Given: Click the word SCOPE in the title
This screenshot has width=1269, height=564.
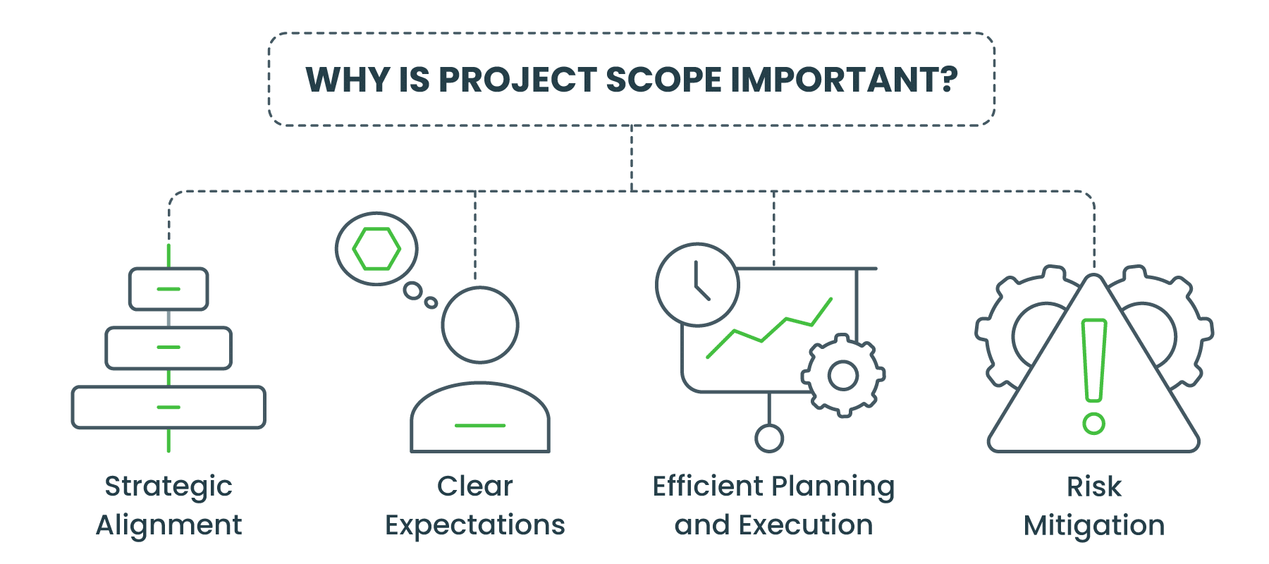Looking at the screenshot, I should [x=663, y=80].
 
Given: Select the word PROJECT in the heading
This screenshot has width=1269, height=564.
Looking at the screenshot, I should [x=518, y=80].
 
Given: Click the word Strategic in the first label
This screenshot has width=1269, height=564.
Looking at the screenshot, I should [x=168, y=486].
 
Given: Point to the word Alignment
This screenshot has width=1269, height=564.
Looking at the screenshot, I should [x=168, y=525].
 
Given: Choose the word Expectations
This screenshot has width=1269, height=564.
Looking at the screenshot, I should [x=475, y=525].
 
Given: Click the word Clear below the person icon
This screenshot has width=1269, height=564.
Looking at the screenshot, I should [x=475, y=486].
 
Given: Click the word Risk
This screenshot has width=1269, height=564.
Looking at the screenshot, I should [x=1093, y=486].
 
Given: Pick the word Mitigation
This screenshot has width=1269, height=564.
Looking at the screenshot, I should [x=1093, y=525].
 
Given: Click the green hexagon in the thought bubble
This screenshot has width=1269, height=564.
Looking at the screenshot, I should [x=376, y=249].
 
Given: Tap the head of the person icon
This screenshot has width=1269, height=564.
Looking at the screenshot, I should [x=480, y=325].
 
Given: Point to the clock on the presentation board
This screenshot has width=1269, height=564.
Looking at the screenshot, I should [x=697, y=285].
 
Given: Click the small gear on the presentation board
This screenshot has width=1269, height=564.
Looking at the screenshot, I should [x=843, y=375].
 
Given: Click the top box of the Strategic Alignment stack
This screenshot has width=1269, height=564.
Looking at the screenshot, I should [x=168, y=289].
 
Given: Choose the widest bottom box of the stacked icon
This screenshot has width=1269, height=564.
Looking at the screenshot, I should [x=168, y=407].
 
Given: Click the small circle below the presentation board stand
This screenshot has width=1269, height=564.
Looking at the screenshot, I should [x=769, y=439].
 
